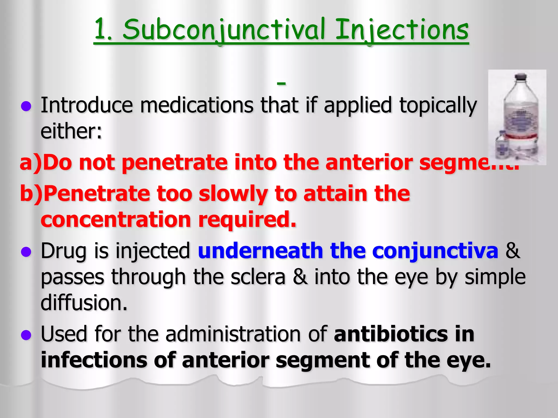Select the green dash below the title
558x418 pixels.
pyautogui.click(x=281, y=83)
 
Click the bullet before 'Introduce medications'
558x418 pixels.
pyautogui.click(x=26, y=106)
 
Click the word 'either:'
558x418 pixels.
pyautogui.click(x=71, y=131)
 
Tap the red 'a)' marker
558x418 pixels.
pyautogui.click(x=31, y=162)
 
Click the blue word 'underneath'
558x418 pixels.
pyautogui.click(x=260, y=251)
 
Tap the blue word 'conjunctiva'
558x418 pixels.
pyautogui.click(x=435, y=251)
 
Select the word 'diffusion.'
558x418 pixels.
pyautogui.click(x=84, y=303)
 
